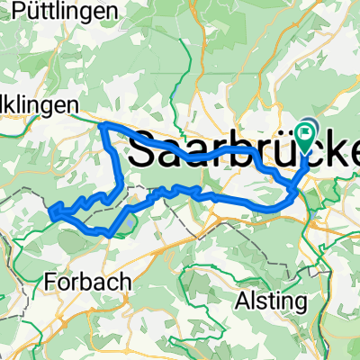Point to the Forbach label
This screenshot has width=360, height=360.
tap(86, 281)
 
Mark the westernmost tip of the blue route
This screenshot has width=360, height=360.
tap(50, 213)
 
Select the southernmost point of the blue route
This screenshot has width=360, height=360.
tap(107, 235)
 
